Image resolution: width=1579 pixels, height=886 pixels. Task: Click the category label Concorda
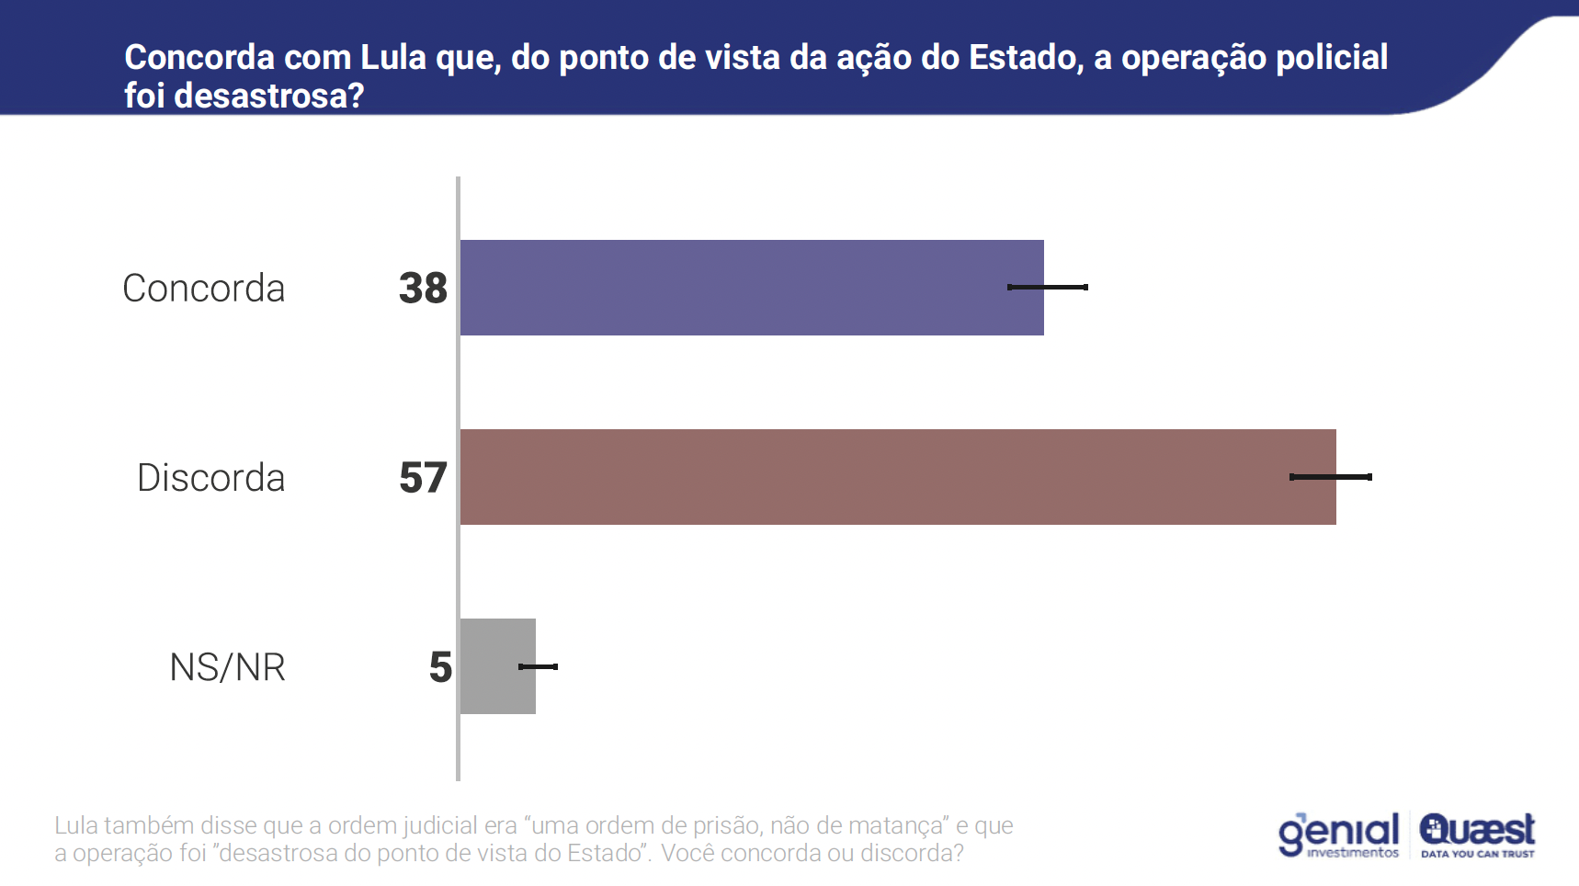(204, 289)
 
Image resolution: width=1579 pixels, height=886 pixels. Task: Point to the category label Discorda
(211, 478)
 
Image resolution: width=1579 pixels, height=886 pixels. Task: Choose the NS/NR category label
(228, 667)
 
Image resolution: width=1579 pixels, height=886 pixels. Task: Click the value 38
(423, 289)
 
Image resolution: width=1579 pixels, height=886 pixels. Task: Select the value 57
(423, 478)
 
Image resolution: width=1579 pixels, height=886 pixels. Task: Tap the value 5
(440, 667)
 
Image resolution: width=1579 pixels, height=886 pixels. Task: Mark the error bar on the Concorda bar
(1048, 288)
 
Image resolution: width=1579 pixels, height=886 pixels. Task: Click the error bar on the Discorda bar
(1331, 477)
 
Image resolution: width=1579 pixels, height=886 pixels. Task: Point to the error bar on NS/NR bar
(539, 666)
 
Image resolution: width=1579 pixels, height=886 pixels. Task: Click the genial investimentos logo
(1338, 835)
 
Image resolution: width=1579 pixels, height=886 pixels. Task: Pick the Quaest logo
(1477, 835)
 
